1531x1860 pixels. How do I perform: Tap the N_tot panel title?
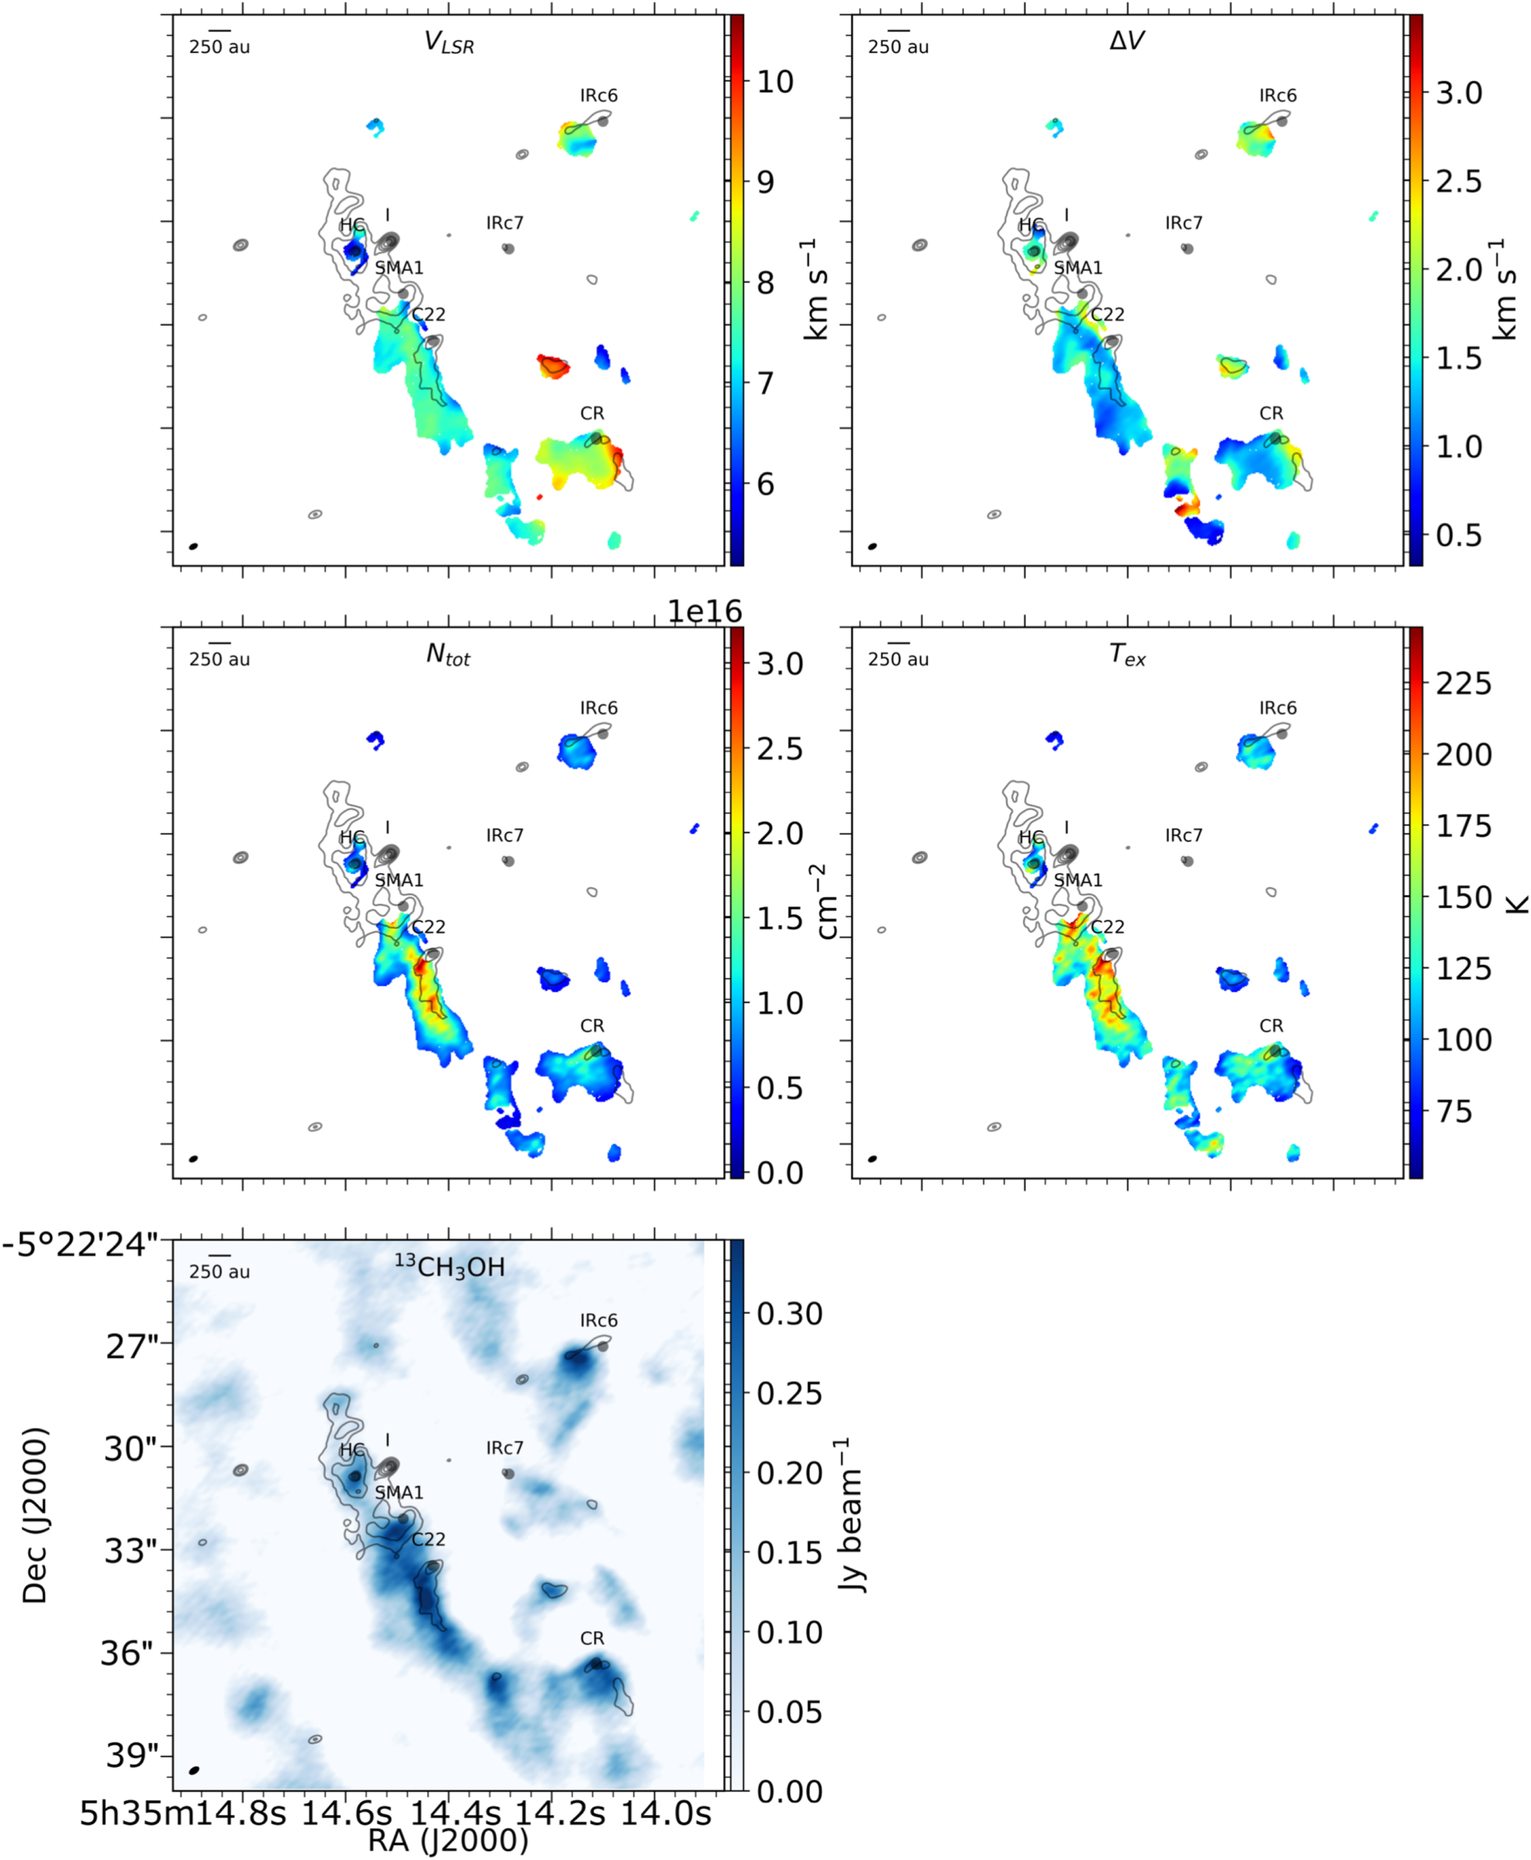tap(448, 654)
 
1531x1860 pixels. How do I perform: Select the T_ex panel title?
tap(1127, 654)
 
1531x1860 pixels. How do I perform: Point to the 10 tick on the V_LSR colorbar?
tap(775, 82)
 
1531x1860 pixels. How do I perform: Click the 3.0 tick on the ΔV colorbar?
tap(1460, 92)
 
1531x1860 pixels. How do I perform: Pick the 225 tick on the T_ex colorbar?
tap(1464, 684)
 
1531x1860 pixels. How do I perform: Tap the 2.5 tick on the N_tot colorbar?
tap(780, 749)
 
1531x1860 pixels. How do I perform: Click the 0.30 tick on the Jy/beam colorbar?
tap(789, 1313)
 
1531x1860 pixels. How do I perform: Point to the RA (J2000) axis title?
tap(448, 1841)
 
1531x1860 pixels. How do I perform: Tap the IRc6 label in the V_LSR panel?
tap(599, 95)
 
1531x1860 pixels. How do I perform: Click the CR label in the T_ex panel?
tap(1271, 1026)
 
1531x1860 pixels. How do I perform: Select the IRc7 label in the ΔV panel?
tap(1184, 223)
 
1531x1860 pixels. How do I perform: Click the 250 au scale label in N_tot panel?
tap(219, 659)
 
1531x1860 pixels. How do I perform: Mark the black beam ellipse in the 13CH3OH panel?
tap(194, 1770)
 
